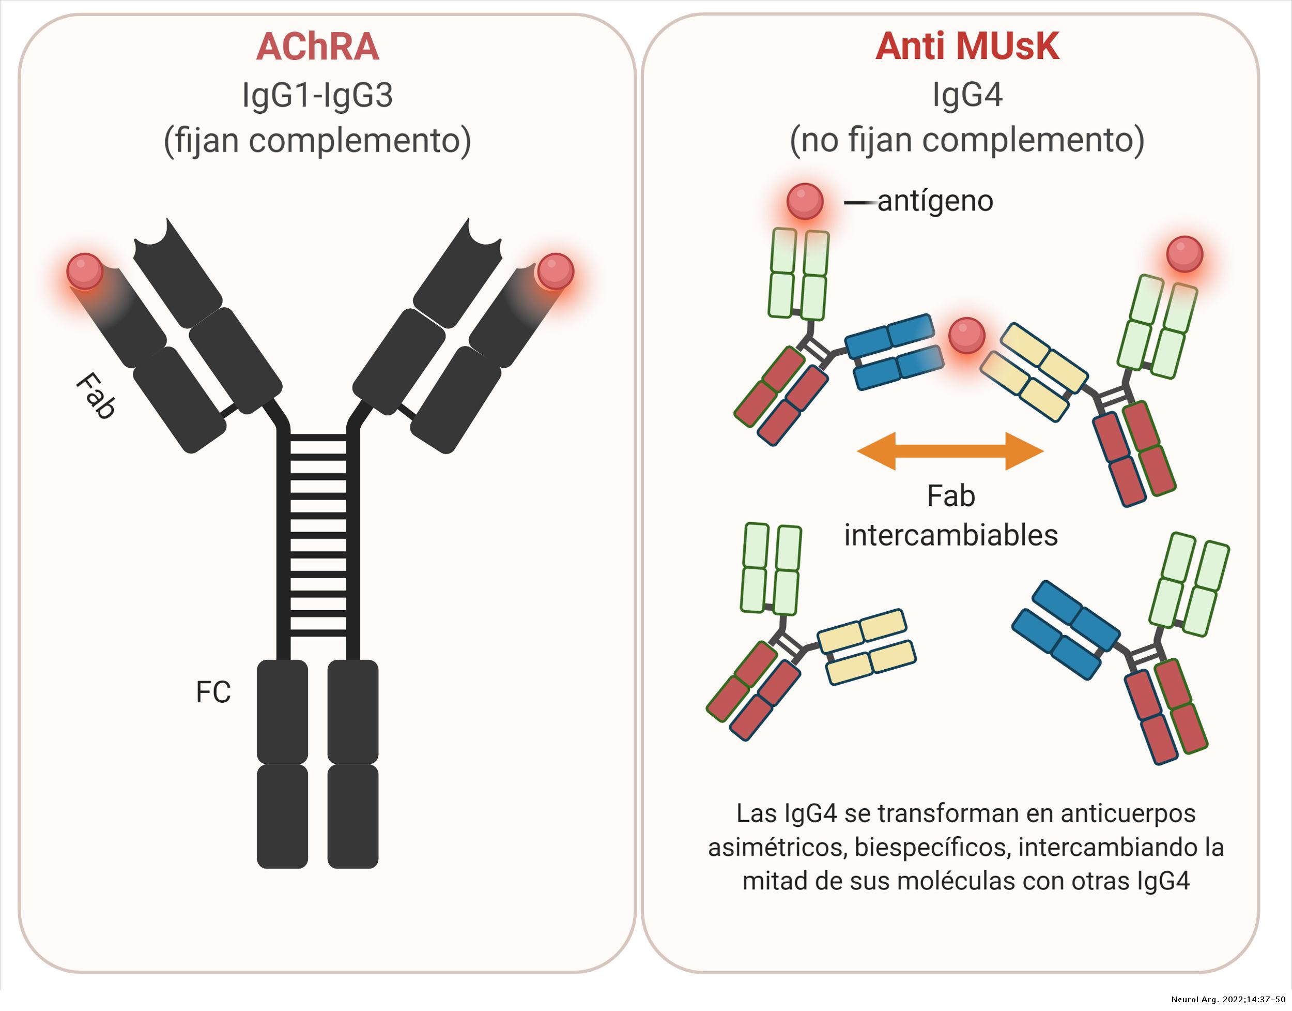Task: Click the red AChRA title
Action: (x=317, y=48)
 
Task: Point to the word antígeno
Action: (x=935, y=201)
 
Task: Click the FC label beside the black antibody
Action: (x=213, y=692)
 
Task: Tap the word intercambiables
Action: (x=951, y=535)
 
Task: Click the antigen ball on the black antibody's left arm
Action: (x=85, y=271)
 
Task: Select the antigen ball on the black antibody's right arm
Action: (x=555, y=271)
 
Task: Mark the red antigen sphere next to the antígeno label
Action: (x=805, y=201)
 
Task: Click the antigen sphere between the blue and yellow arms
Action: (x=966, y=336)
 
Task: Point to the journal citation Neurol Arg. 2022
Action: (x=1227, y=1000)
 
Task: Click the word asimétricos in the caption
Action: (x=778, y=848)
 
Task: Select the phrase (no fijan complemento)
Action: (x=967, y=141)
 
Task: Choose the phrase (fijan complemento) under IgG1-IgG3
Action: (x=317, y=141)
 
